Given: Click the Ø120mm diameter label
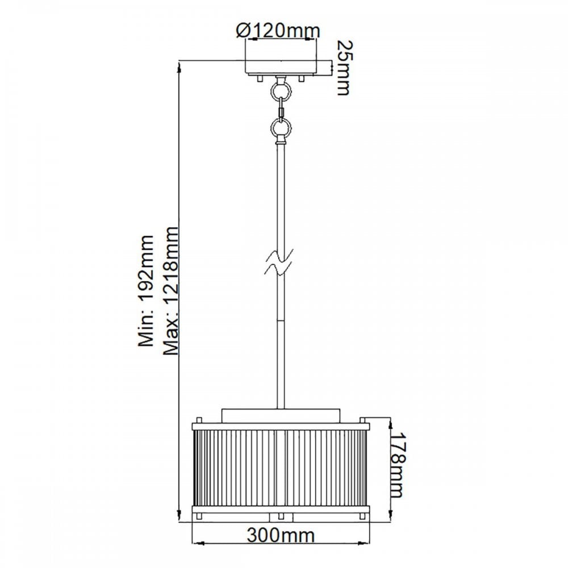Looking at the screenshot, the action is (278, 31).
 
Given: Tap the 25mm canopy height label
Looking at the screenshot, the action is (343, 68).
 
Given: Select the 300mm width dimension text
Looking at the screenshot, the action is (281, 535).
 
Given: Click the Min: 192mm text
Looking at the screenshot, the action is (146, 290).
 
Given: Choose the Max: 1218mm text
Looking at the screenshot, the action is (170, 291).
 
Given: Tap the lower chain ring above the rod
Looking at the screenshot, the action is (281, 127).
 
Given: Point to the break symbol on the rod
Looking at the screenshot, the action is (281, 262).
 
